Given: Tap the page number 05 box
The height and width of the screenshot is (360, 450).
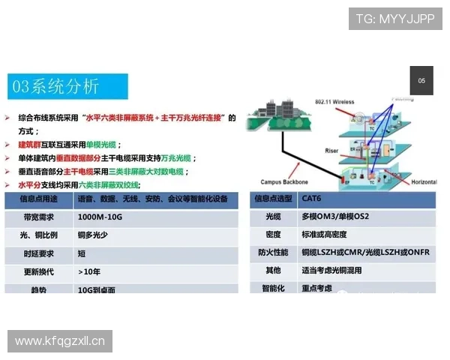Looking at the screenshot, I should point(421,81).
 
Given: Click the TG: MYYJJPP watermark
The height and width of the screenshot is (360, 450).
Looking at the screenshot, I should point(394,19).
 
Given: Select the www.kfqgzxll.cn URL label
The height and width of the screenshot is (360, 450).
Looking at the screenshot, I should point(60,341).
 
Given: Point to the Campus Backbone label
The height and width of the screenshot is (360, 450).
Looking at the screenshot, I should point(286,181).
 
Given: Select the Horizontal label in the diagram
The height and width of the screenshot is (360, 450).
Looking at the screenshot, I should point(423,181).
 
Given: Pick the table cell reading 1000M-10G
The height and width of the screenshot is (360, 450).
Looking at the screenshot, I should point(97,217).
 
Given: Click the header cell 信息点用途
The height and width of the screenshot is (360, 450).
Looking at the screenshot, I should point(37,199).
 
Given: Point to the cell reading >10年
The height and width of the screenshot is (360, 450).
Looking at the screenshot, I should point(90,271).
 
